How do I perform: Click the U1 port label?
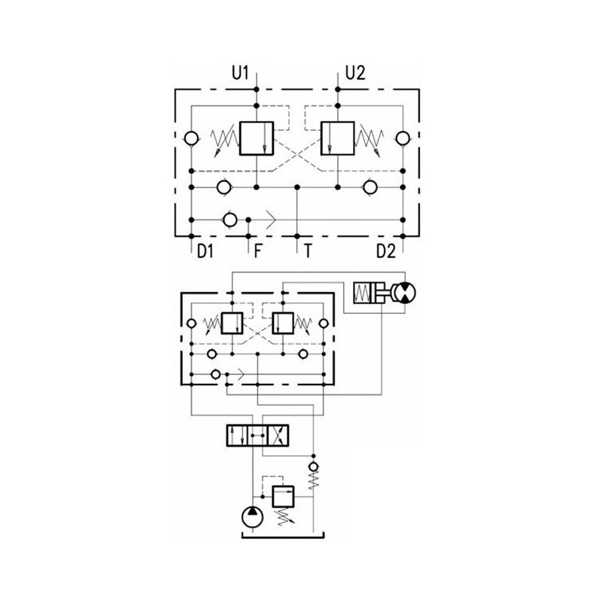(240, 73)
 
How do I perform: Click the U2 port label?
(355, 73)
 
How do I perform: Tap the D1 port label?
(205, 251)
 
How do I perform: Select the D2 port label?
(385, 251)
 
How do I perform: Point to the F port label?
(257, 251)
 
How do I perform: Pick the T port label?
(308, 251)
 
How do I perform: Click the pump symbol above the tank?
(252, 517)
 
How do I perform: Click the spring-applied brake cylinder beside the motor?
(369, 293)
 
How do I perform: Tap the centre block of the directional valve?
(257, 436)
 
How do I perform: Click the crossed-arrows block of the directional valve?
(278, 436)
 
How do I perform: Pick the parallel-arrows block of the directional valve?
(237, 436)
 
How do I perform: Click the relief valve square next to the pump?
(283, 497)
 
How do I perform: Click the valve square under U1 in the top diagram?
(257, 138)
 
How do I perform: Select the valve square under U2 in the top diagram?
(337, 138)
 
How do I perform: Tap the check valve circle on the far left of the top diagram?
(191, 138)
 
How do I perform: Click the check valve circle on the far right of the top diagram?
(403, 138)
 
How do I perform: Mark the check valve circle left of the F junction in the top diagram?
(230, 220)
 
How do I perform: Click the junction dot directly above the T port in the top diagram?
(296, 187)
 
